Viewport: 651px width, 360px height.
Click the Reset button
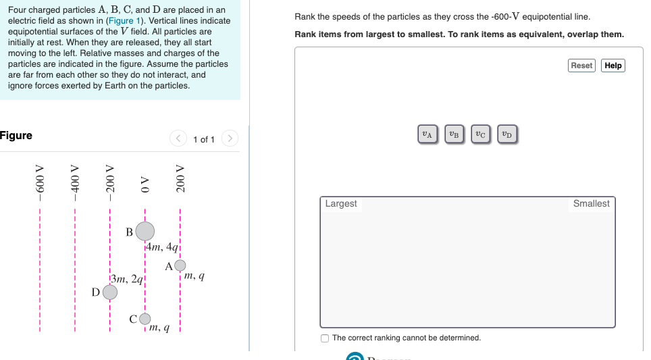click(x=581, y=66)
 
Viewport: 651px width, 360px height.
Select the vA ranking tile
click(x=427, y=134)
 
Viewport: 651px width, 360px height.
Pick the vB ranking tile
click(x=454, y=134)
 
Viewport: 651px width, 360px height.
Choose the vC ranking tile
click(x=480, y=134)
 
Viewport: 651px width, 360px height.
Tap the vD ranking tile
click(x=507, y=134)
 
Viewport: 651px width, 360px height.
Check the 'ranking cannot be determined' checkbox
click(x=325, y=338)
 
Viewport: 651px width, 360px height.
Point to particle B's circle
click(x=145, y=232)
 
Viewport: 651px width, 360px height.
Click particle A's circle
click(x=180, y=265)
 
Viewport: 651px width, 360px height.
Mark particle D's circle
click(x=109, y=292)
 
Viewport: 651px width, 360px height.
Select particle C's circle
click(x=145, y=318)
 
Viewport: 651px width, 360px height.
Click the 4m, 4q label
click(x=163, y=247)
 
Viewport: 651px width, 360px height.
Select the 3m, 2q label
click(x=127, y=278)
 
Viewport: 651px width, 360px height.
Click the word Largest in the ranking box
click(x=341, y=203)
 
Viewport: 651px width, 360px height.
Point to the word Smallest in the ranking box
click(x=591, y=203)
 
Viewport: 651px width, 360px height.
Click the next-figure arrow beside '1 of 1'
click(x=230, y=139)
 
